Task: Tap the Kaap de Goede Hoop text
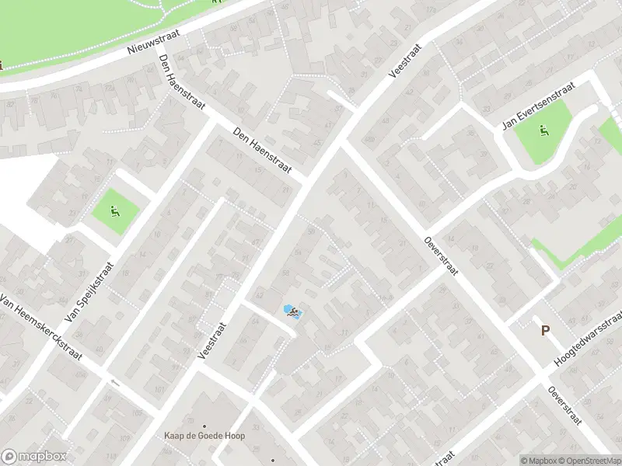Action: [205, 436]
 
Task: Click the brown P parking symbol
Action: [545, 330]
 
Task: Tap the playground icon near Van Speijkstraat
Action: [116, 209]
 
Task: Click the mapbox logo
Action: [33, 457]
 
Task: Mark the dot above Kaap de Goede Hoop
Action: [205, 426]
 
